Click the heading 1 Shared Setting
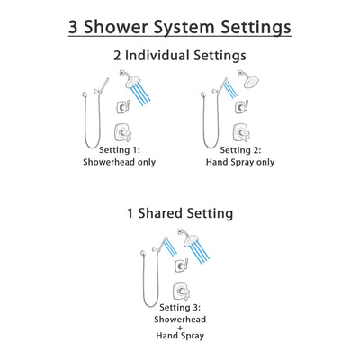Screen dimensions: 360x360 [180, 214]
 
